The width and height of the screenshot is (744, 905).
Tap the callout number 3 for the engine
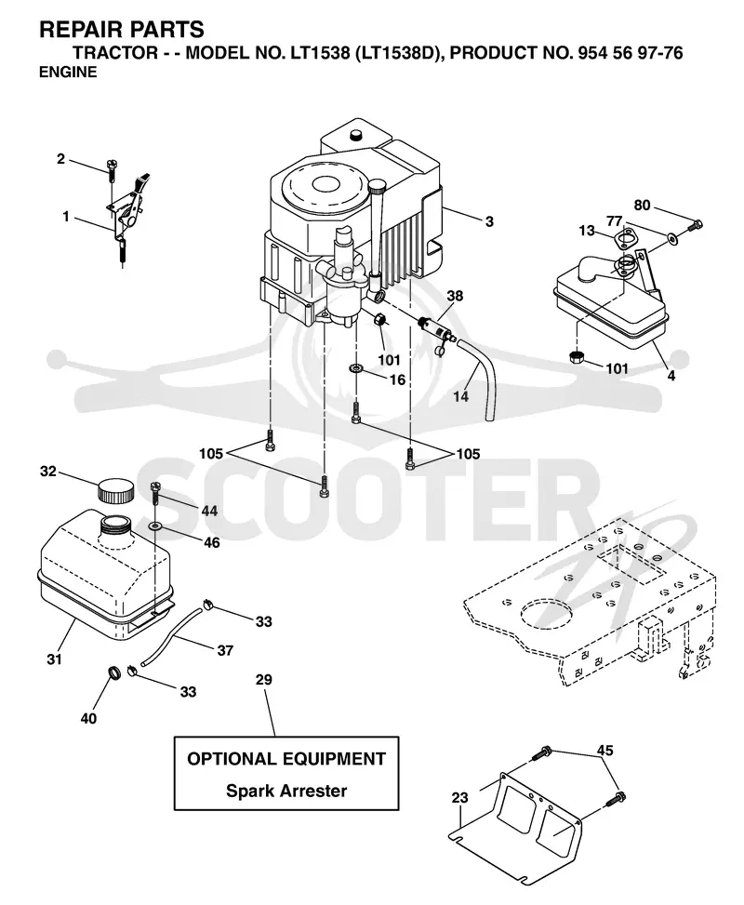[489, 221]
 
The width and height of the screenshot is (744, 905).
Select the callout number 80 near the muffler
[642, 206]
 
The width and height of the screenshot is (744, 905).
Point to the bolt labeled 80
[696, 226]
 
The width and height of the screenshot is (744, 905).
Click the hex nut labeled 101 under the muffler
[576, 357]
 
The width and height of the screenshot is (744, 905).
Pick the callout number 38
[455, 296]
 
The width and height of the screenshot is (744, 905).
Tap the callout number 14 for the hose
[460, 396]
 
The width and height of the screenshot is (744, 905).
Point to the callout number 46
[212, 542]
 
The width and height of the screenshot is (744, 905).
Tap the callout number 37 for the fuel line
[224, 650]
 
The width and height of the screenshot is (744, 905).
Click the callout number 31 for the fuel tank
[54, 659]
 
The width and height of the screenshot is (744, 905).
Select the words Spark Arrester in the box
[286, 791]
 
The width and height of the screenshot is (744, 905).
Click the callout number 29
[263, 680]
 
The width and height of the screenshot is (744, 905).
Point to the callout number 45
[604, 751]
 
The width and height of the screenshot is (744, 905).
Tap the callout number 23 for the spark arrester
[459, 798]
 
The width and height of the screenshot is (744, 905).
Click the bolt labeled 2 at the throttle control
[112, 169]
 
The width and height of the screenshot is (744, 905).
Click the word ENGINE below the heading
[68, 73]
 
